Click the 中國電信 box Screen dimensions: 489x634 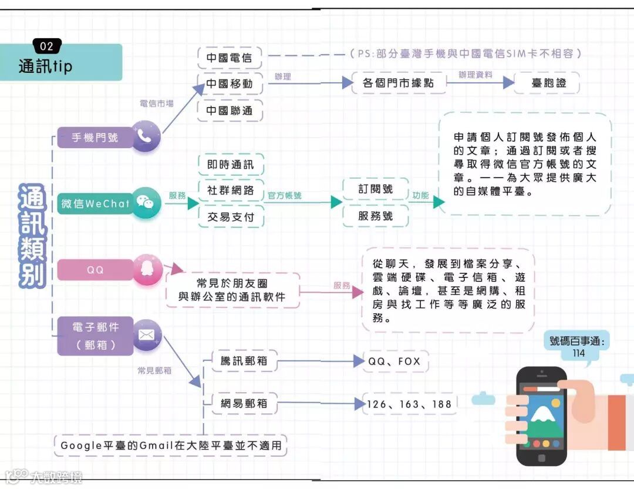(230, 58)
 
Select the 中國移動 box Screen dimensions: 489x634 (230, 84)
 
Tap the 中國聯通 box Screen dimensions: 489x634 (230, 110)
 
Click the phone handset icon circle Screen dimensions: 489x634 (145, 136)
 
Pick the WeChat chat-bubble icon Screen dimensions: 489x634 (145, 203)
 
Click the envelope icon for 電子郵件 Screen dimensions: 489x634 (146, 336)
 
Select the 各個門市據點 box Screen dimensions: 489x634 (398, 83)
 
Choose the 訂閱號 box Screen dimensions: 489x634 (376, 189)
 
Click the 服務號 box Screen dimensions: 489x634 (376, 216)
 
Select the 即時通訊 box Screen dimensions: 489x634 (231, 165)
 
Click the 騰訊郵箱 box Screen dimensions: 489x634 (244, 361)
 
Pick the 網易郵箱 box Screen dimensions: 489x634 (244, 404)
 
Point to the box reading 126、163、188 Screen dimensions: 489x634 (409, 404)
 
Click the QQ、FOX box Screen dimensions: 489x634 (394, 361)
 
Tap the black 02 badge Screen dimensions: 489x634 (47, 46)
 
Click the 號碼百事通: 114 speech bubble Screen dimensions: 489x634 (578, 347)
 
